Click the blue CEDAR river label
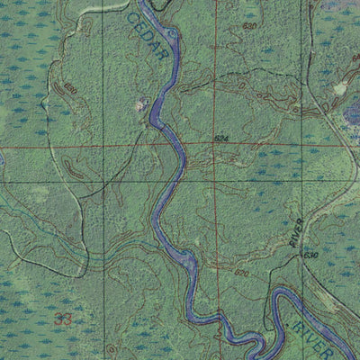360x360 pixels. pos(148,35)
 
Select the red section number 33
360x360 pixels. pos(62,319)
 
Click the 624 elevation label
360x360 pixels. pos(221,138)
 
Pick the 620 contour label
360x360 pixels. pos(241,272)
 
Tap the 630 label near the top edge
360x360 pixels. pos(250,26)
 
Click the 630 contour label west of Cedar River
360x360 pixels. pos(70,89)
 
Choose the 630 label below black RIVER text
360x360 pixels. pos(311,256)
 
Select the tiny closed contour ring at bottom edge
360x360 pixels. pos(112,348)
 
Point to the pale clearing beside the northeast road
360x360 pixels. pos(339,89)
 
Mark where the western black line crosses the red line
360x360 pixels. pos(102,145)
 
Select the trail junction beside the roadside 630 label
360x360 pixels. pos(297,258)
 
